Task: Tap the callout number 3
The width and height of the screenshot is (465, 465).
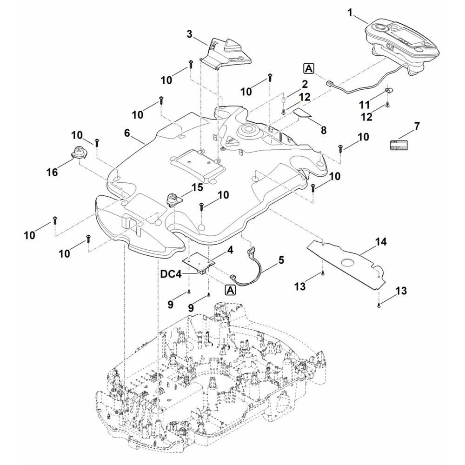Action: point(189,34)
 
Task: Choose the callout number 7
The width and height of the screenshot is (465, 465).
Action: point(417,126)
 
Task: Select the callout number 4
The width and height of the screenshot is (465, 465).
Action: point(230,250)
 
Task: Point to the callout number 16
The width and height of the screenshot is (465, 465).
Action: point(52,173)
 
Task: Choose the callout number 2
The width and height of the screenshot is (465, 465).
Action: point(305,85)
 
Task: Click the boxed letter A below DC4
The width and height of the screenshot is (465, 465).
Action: point(230,290)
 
